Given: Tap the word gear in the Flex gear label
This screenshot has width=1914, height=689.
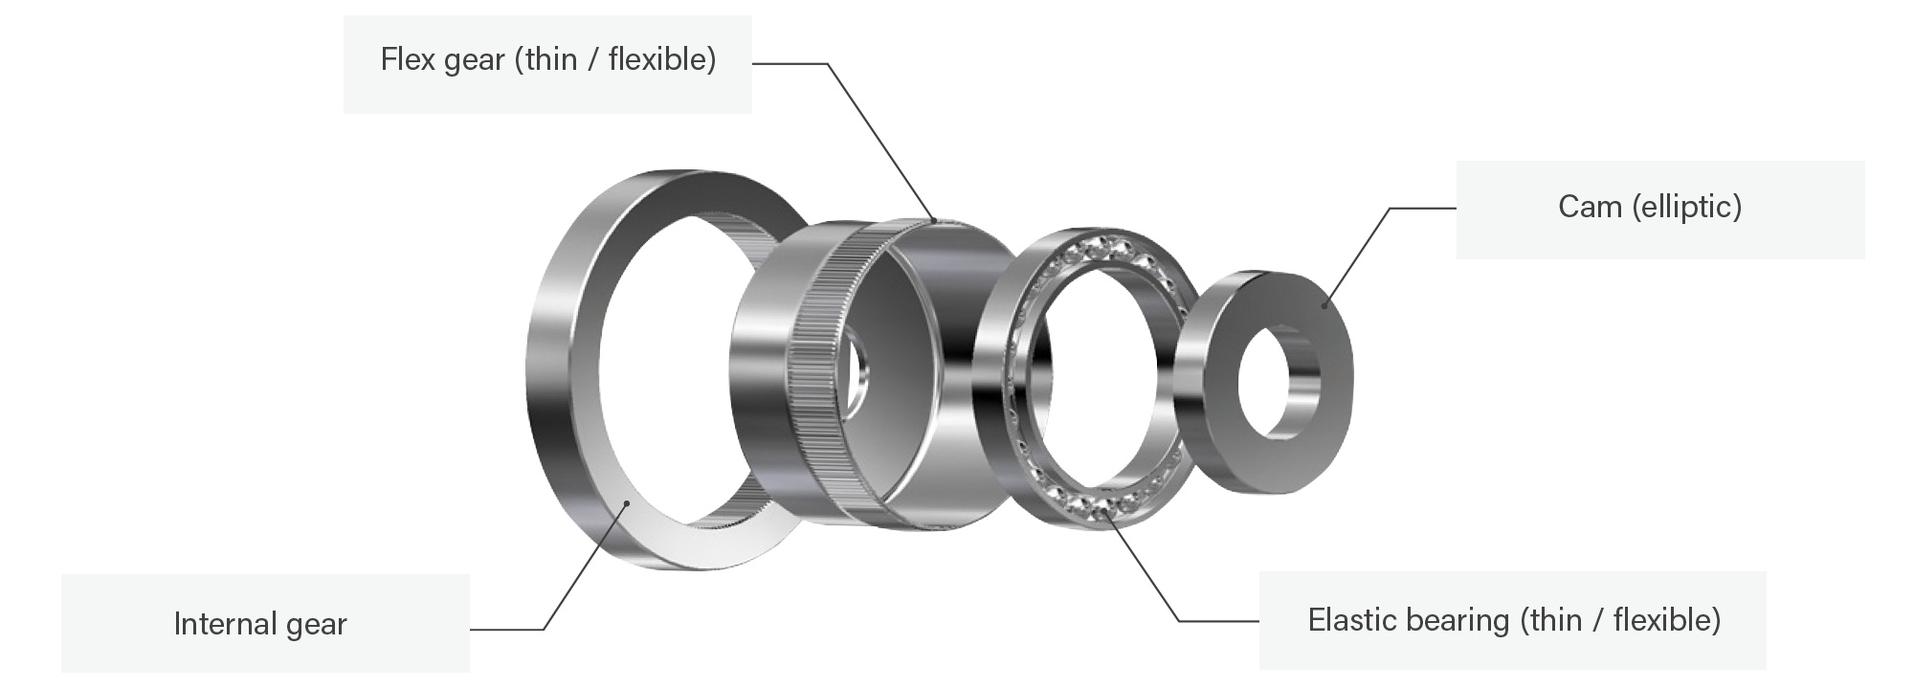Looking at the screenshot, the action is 473,62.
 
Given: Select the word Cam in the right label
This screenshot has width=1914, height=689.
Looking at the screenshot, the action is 1590,207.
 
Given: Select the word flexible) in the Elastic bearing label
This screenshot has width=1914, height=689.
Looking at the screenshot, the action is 1667,621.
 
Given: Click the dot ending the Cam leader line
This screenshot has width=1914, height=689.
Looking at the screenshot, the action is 1324,306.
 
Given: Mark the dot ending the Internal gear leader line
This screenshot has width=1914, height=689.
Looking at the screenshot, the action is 626,501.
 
